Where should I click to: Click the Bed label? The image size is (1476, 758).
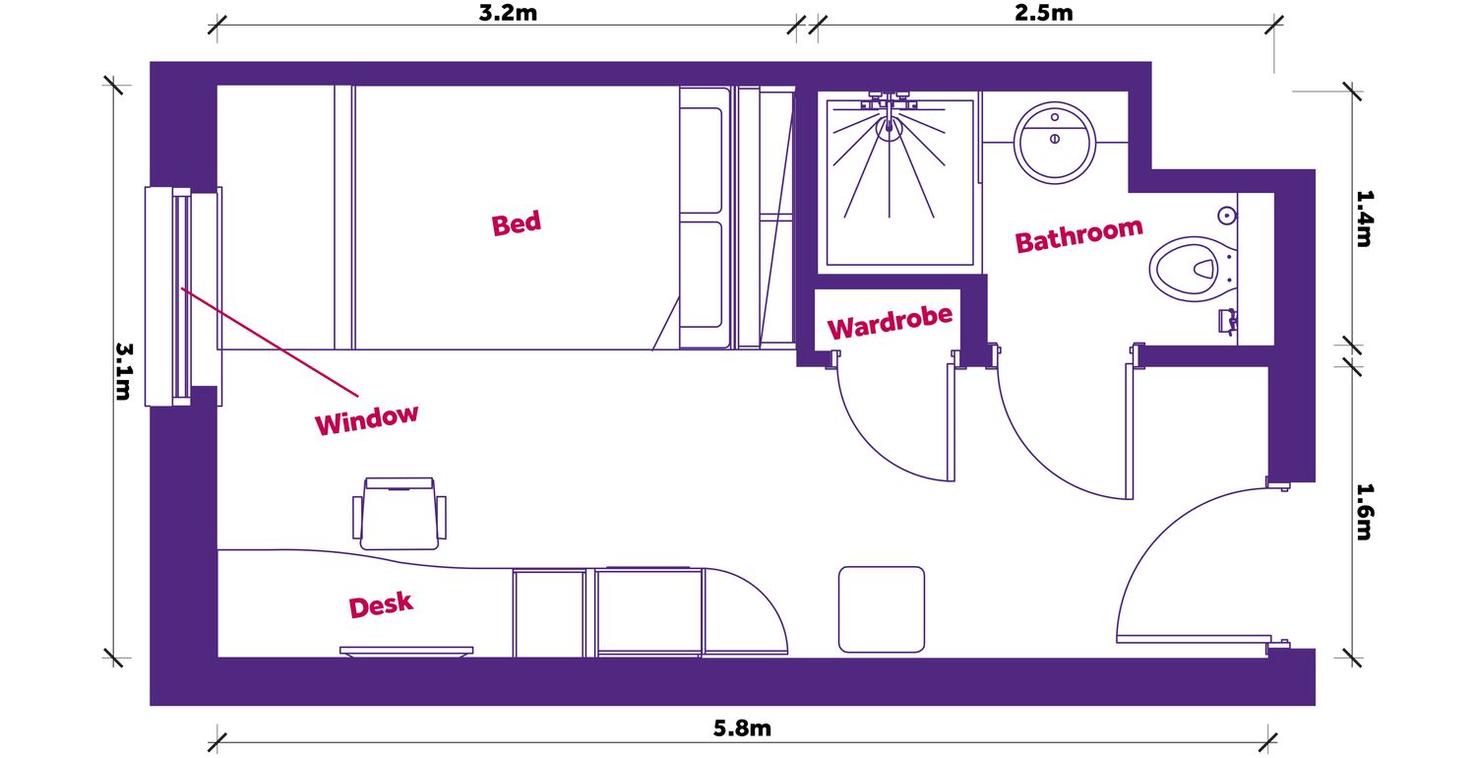click(517, 223)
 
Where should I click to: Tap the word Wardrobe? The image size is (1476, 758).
click(890, 322)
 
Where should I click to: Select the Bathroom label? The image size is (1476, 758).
click(1078, 235)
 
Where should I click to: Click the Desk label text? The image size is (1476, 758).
click(381, 605)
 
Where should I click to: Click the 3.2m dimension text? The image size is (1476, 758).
click(507, 14)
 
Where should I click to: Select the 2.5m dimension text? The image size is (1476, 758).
click(1045, 14)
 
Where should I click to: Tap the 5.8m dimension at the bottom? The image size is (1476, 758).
click(742, 729)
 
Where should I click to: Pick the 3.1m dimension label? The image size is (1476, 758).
click(124, 370)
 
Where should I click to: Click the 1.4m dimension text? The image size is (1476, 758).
click(1363, 218)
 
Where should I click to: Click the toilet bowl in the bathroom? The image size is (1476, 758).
click(1188, 268)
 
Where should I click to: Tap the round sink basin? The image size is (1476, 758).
click(1055, 141)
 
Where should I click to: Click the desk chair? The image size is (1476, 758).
click(400, 513)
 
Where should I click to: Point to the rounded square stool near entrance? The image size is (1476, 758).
click(882, 608)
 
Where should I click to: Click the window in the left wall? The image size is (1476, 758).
click(181, 295)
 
